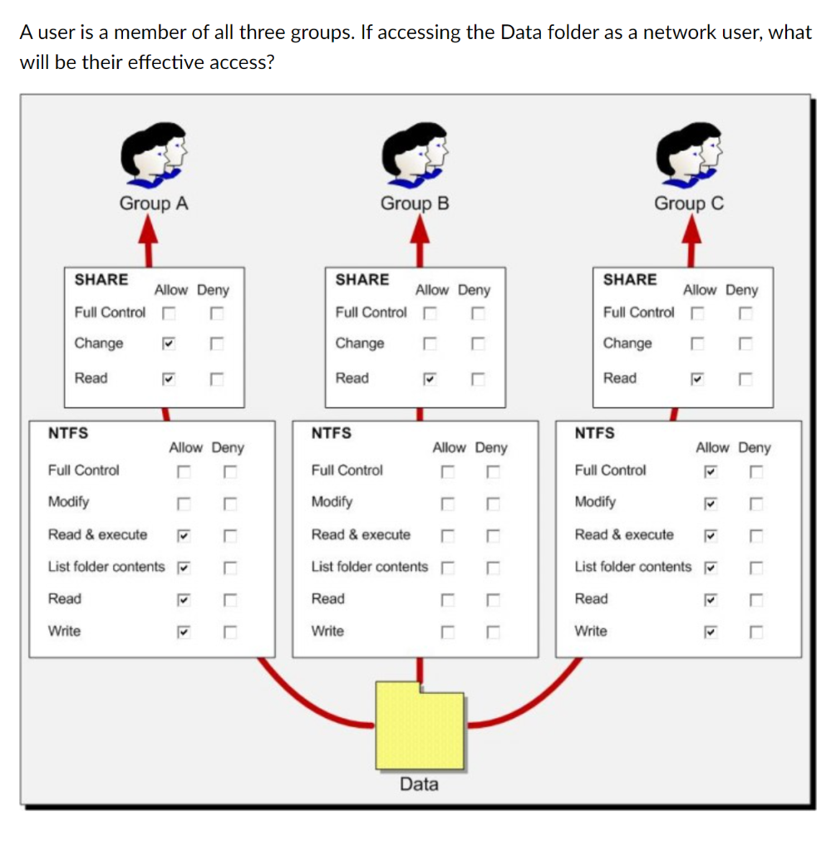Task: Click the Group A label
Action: pyautogui.click(x=154, y=204)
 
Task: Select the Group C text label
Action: pyautogui.click(x=689, y=204)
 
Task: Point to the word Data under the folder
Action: pyautogui.click(x=419, y=784)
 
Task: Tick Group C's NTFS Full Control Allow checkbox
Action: pyautogui.click(x=709, y=471)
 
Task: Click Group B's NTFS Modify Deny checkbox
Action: pyautogui.click(x=493, y=503)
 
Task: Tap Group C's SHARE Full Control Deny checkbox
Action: pyautogui.click(x=745, y=313)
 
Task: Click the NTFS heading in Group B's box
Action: pyautogui.click(x=331, y=433)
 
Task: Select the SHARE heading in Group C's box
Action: pyautogui.click(x=629, y=280)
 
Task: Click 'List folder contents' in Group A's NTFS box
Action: pyautogui.click(x=106, y=567)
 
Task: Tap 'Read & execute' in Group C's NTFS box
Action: pyautogui.click(x=624, y=534)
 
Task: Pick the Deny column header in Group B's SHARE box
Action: pyautogui.click(x=474, y=290)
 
